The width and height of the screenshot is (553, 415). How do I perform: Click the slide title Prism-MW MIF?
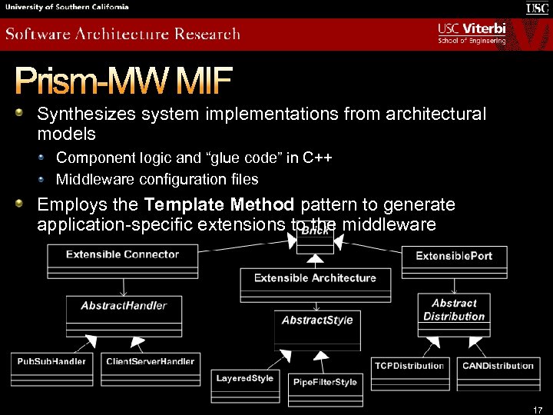coord(123,80)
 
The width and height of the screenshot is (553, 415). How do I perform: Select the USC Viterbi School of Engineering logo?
coord(472,33)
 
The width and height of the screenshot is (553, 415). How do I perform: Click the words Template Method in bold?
coord(219,205)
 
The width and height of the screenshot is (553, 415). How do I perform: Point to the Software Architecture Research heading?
coord(123,35)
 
